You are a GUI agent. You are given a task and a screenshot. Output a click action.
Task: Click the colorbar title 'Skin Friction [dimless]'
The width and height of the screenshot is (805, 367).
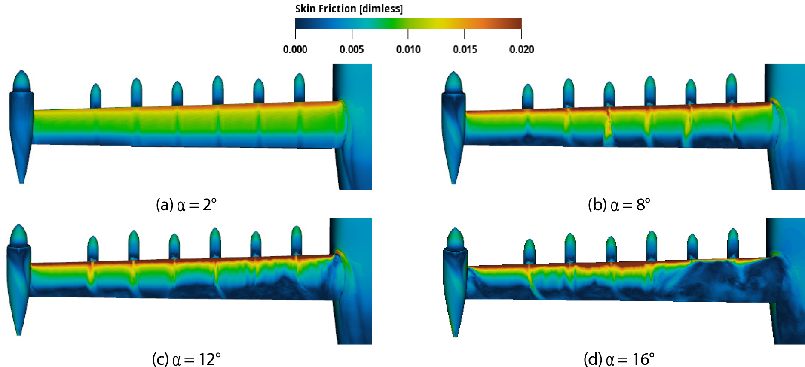pyautogui.click(x=349, y=9)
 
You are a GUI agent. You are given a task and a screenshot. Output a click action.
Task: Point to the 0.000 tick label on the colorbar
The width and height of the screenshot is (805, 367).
pyautogui.click(x=295, y=49)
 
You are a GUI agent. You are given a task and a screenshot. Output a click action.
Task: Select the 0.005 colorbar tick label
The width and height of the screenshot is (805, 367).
pyautogui.click(x=352, y=49)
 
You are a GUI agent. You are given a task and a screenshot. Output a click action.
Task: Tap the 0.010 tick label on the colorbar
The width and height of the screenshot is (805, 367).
pyautogui.click(x=408, y=49)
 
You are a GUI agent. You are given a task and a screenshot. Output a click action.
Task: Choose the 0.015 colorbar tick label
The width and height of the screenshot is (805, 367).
pyautogui.click(x=465, y=49)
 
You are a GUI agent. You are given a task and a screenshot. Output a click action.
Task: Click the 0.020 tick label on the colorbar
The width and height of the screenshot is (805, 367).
pyautogui.click(x=521, y=49)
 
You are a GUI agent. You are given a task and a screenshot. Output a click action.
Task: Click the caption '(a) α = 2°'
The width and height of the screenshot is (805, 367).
pyautogui.click(x=186, y=205)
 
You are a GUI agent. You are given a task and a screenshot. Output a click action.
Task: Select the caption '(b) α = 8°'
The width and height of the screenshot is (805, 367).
pyautogui.click(x=619, y=205)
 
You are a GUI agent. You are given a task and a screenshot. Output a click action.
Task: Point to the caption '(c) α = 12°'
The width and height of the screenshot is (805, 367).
pyautogui.click(x=187, y=359)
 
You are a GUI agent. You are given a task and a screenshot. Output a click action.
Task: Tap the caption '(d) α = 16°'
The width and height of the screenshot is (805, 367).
pyautogui.click(x=619, y=359)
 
